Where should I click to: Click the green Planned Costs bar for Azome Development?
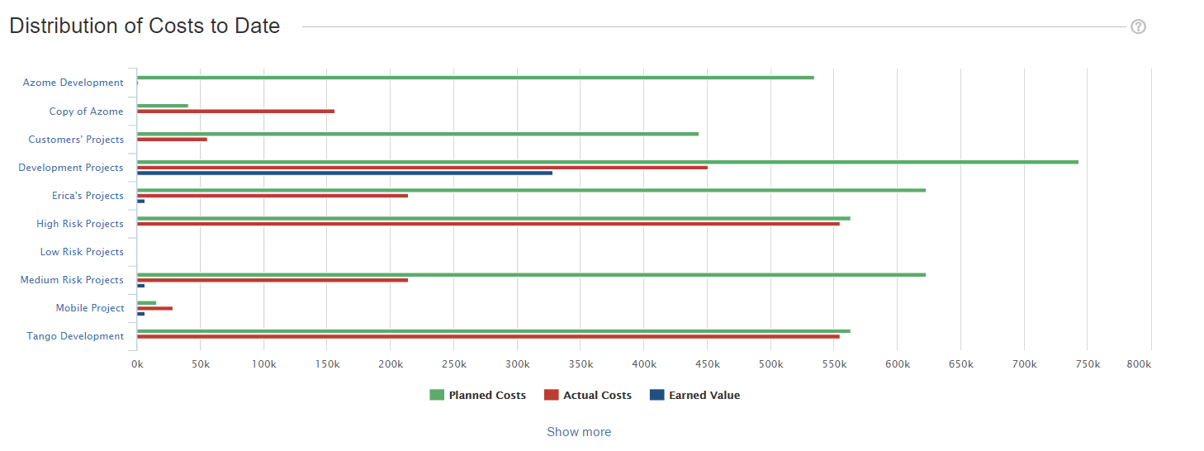(x=475, y=78)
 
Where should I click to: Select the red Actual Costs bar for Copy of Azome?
(x=235, y=111)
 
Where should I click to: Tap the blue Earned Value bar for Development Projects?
(x=344, y=173)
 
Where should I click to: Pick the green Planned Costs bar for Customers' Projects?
(x=417, y=134)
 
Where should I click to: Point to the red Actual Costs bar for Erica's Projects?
(x=273, y=196)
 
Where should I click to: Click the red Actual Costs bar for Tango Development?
(x=488, y=336)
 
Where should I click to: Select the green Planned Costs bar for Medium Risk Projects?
(x=531, y=275)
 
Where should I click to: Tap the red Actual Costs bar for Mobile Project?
(x=154, y=308)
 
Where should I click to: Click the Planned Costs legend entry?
(x=477, y=396)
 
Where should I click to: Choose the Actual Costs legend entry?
(x=588, y=396)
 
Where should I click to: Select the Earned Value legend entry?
(x=694, y=396)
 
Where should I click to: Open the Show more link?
(x=579, y=432)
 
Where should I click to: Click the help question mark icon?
(x=1138, y=26)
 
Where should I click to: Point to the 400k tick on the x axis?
(x=643, y=364)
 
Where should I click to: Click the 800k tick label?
(x=1138, y=364)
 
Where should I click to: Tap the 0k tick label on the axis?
(x=137, y=364)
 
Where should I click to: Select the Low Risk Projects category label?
(x=82, y=252)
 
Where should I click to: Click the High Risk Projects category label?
(x=80, y=224)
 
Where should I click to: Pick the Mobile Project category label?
(x=90, y=308)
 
